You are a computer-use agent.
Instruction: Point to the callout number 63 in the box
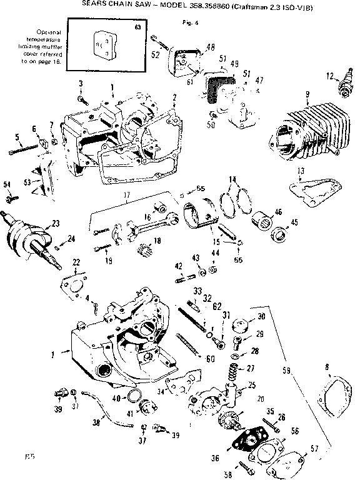[x=137, y=29]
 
